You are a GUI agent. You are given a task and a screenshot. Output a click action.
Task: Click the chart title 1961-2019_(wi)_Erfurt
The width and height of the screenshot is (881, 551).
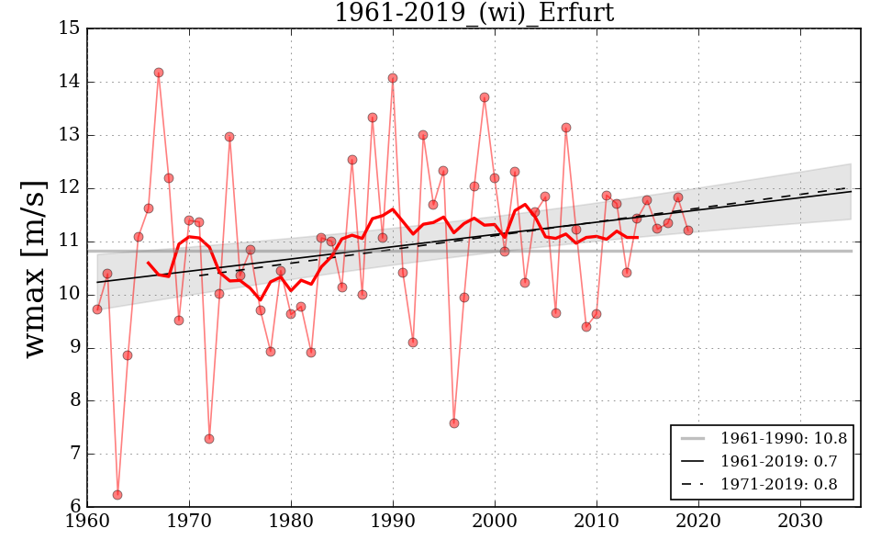pos(474,13)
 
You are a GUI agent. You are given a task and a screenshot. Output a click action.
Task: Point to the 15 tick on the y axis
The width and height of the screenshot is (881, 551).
pos(70,28)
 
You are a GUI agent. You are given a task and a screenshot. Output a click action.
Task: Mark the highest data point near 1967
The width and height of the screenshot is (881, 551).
pos(159,73)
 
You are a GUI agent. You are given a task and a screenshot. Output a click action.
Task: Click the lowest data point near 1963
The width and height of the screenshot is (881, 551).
pos(117,495)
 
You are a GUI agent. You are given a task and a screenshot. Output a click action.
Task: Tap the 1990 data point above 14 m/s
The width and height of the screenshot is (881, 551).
pos(393,78)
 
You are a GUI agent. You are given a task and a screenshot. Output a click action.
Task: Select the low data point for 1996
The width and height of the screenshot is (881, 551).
pos(454,423)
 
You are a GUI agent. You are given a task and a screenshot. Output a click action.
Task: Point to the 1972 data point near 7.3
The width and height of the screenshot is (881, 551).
pos(209,439)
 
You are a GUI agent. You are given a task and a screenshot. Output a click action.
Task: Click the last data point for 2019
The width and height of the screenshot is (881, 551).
pos(688,231)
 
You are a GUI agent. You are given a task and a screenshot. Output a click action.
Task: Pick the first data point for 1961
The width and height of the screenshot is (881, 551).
pos(97,309)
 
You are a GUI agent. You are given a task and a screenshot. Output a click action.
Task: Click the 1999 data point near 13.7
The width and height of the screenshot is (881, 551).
pos(485,97)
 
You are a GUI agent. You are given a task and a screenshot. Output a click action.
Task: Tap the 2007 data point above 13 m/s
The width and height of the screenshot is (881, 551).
pos(566,128)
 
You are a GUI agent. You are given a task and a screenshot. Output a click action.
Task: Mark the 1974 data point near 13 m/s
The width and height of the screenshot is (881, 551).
pos(229,137)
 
